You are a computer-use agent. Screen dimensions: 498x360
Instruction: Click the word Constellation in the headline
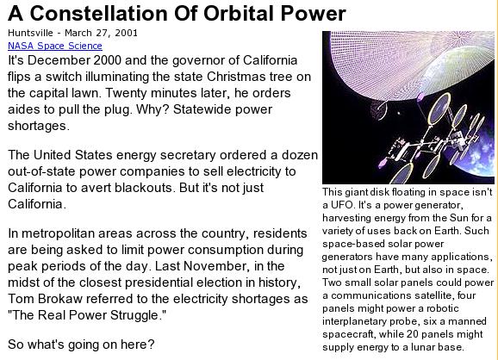pyautogui.click(x=98, y=14)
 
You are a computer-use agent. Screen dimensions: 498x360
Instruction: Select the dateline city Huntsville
pyautogui.click(x=30, y=33)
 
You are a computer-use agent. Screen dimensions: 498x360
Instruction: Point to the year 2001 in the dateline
pyautogui.click(x=126, y=33)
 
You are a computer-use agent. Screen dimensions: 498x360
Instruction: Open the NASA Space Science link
pyautogui.click(x=55, y=46)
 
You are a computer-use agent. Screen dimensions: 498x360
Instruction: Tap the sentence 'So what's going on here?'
pyautogui.click(x=81, y=344)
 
